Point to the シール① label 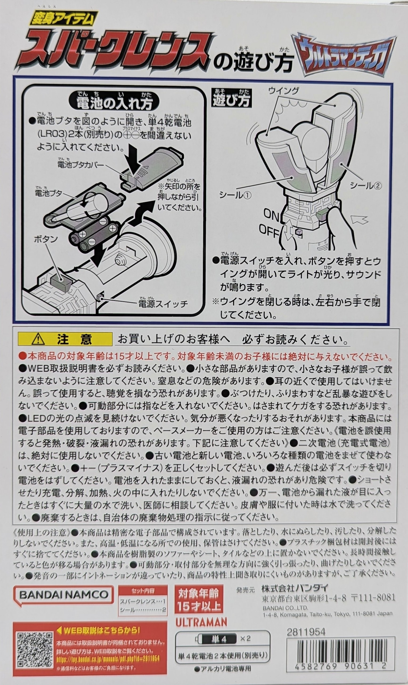pyautogui.click(x=235, y=195)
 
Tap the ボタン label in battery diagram pyautogui.click(x=46, y=239)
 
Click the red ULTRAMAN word pyautogui.click(x=201, y=614)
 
